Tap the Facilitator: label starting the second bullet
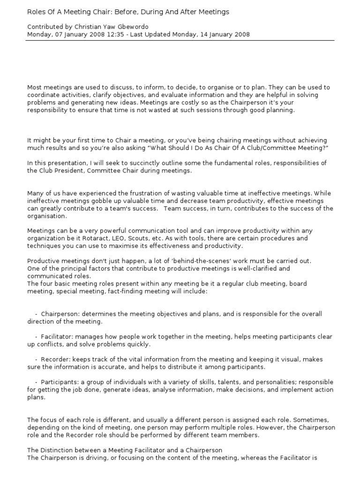[x=57, y=337]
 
